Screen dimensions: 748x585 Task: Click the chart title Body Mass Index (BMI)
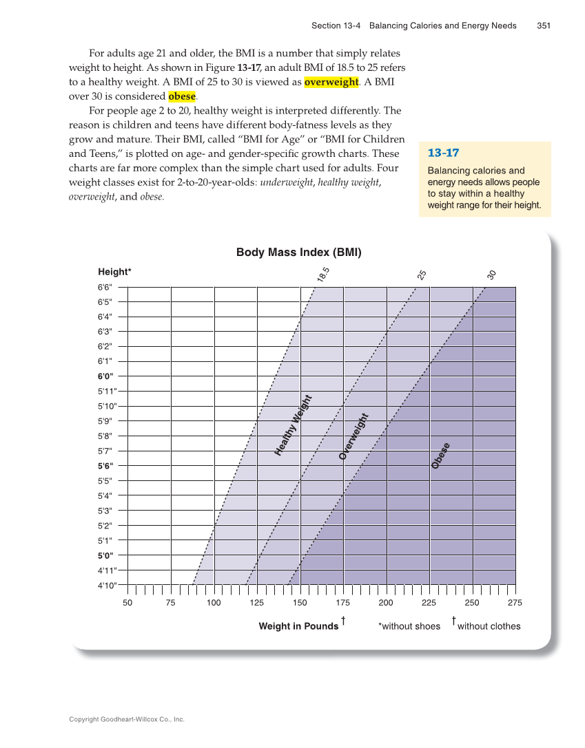298,253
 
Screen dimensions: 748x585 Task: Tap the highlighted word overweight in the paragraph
331,82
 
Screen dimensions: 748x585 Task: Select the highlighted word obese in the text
182,96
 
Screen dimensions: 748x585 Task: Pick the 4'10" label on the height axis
107,586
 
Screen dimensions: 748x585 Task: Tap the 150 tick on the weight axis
300,603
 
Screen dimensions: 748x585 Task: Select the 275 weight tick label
515,603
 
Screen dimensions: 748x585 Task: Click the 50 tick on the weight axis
127,603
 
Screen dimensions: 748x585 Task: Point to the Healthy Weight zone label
294,425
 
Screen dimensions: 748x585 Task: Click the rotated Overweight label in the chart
354,436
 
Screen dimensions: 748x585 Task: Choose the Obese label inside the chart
441,456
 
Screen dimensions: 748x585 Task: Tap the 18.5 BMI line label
324,274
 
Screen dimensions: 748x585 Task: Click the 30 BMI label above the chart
491,275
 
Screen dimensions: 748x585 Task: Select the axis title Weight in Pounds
298,626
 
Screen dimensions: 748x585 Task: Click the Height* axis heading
114,272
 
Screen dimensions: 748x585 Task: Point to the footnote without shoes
409,626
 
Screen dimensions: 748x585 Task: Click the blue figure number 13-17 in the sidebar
443,153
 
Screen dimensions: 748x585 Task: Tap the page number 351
543,25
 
